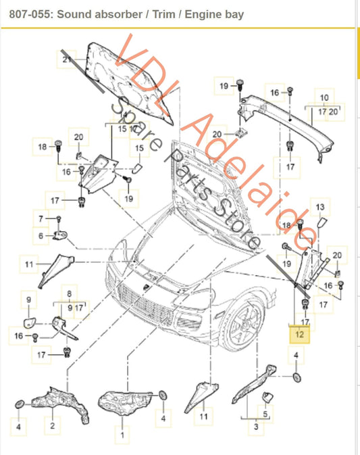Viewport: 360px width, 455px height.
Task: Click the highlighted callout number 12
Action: pos(299,333)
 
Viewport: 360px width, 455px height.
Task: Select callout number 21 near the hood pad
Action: pos(67,61)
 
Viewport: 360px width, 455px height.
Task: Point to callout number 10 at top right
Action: pos(324,97)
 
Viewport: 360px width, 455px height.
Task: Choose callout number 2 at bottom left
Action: pos(51,427)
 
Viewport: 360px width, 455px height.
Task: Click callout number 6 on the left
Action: pos(41,235)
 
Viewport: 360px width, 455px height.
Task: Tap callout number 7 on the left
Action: pos(41,218)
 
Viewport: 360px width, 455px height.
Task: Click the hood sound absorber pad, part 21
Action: pos(132,81)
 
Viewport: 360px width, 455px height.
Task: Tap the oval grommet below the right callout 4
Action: pos(297,377)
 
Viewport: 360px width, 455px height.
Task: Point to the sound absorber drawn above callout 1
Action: pos(128,402)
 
